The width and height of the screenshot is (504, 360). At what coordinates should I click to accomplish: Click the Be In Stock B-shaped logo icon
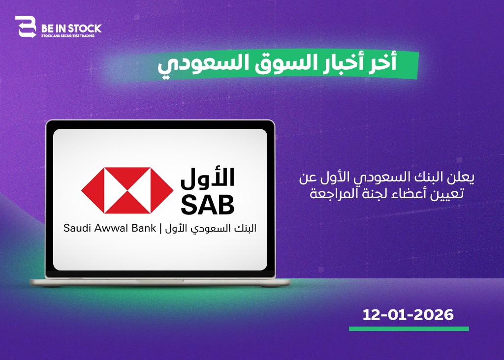[26, 27]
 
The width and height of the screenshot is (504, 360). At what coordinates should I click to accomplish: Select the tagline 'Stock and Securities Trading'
[68, 36]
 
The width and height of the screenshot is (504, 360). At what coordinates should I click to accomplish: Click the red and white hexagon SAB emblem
[127, 190]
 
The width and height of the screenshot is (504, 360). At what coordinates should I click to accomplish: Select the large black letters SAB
[208, 205]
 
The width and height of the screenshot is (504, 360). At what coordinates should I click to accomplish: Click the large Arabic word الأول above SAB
[208, 178]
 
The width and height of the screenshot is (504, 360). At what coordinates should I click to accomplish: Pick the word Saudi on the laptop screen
[75, 228]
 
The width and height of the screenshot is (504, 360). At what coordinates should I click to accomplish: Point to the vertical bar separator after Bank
[160, 228]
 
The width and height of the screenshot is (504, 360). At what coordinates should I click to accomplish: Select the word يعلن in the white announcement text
[464, 178]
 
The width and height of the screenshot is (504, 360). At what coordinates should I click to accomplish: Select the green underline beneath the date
[409, 329]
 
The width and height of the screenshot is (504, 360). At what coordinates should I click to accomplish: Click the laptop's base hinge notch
[160, 281]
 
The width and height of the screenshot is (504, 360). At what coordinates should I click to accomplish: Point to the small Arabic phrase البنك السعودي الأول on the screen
[211, 229]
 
